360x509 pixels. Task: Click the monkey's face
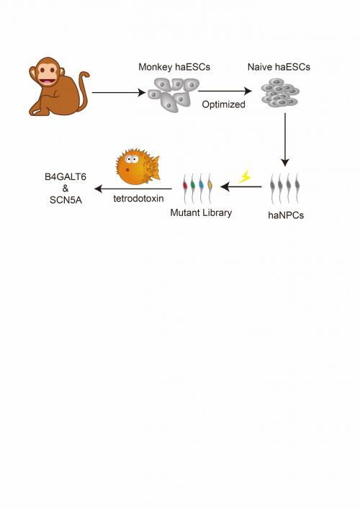(48, 73)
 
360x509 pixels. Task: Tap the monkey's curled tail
(84, 89)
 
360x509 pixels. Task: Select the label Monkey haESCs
(174, 67)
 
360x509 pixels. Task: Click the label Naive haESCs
(279, 67)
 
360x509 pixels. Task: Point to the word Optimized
(223, 104)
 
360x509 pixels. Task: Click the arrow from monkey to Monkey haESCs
(119, 93)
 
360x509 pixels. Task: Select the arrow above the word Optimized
(225, 91)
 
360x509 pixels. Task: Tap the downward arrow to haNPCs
(285, 140)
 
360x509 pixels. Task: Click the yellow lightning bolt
(245, 177)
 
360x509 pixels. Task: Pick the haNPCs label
(286, 215)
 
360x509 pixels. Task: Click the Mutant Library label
(201, 212)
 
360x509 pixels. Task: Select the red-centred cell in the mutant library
(185, 189)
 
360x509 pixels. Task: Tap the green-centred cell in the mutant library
(193, 189)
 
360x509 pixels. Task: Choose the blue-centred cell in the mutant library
(202, 189)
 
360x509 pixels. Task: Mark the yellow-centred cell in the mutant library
(210, 189)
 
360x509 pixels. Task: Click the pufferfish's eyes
(132, 159)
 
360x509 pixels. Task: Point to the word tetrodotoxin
(138, 198)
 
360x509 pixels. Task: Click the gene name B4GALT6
(66, 177)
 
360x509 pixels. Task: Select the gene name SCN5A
(66, 200)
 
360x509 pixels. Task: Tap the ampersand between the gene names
(66, 189)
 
